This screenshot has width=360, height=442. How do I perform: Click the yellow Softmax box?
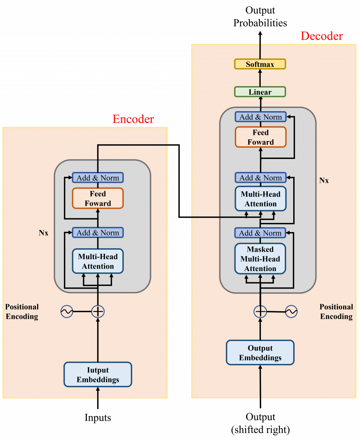pyautogui.click(x=260, y=64)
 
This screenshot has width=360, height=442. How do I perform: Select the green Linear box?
pyautogui.click(x=260, y=92)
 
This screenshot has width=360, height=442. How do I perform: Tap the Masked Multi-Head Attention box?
pyautogui.click(x=260, y=259)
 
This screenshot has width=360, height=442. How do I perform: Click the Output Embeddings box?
pyautogui.click(x=260, y=353)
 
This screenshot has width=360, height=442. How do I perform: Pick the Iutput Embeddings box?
pyautogui.click(x=98, y=375)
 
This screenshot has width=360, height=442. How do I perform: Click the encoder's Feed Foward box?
pyautogui.click(x=98, y=198)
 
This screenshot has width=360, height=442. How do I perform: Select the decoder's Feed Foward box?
pyautogui.click(x=261, y=137)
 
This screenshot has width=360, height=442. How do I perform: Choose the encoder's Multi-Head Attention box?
pyautogui.click(x=98, y=261)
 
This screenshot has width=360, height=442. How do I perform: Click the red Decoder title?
pyautogui.click(x=321, y=36)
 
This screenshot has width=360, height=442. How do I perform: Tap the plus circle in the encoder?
pyautogui.click(x=98, y=311)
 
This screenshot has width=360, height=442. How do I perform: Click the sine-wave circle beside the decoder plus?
pyautogui.click(x=291, y=311)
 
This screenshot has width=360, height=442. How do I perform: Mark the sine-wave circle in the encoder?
pyautogui.click(x=67, y=311)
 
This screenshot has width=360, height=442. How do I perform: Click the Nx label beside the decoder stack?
pyautogui.click(x=324, y=180)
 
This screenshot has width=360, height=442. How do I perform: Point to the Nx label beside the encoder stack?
pyautogui.click(x=44, y=233)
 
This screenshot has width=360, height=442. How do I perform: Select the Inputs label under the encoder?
pyautogui.click(x=98, y=417)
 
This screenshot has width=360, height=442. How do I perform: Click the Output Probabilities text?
pyautogui.click(x=260, y=17)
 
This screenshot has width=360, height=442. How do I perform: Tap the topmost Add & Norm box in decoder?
pyautogui.click(x=261, y=117)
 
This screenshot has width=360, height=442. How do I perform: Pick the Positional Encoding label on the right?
pyautogui.click(x=336, y=312)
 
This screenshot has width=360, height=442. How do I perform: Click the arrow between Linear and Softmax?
pyautogui.click(x=260, y=78)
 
